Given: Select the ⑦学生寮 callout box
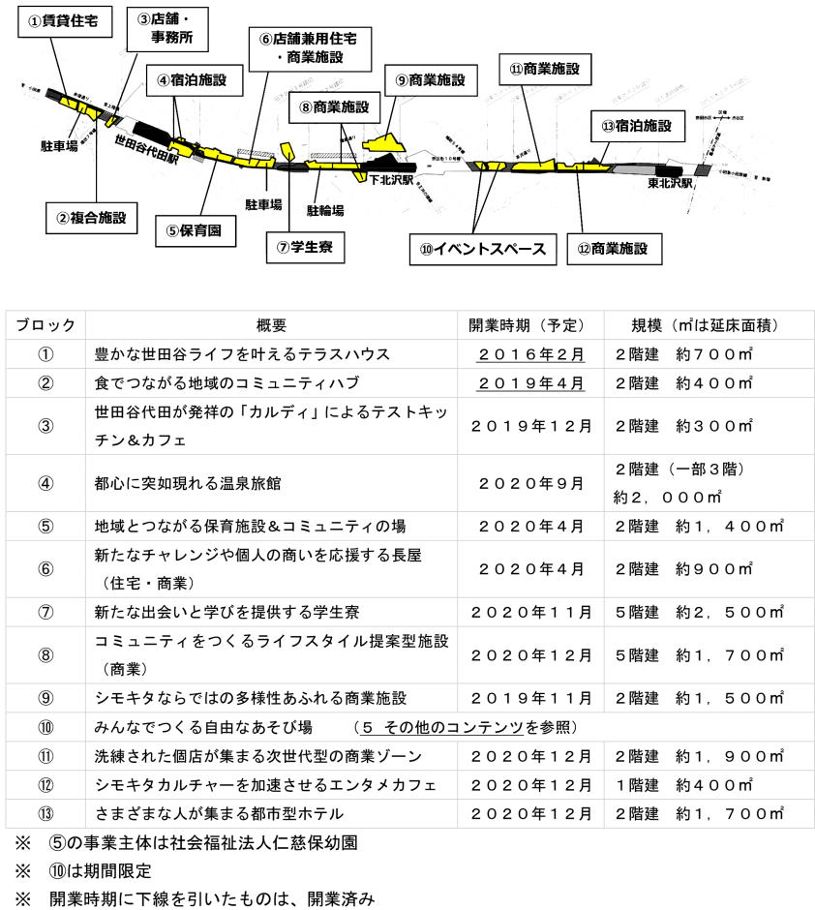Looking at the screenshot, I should tap(305, 246).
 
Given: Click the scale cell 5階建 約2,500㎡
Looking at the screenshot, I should tap(696, 612).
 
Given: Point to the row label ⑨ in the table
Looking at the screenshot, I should tap(45, 698).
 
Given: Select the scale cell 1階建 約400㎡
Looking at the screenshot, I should tap(681, 784).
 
